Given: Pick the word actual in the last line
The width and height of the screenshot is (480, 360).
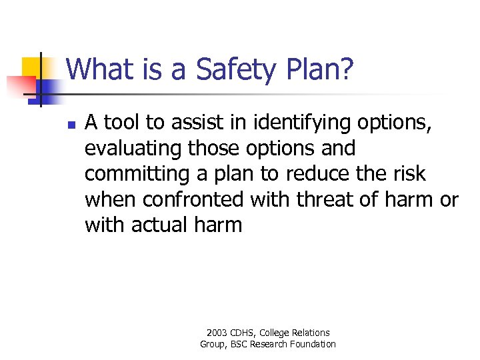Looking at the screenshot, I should point(157,225).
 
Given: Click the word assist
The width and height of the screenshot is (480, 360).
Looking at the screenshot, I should point(193,123).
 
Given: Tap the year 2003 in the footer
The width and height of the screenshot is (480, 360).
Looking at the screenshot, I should point(217,333).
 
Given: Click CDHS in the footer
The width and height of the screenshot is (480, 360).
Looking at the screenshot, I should point(244,333).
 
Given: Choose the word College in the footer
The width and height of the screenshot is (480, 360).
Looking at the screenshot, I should point(276,333).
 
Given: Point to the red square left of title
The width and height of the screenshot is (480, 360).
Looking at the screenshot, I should point(20,85).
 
